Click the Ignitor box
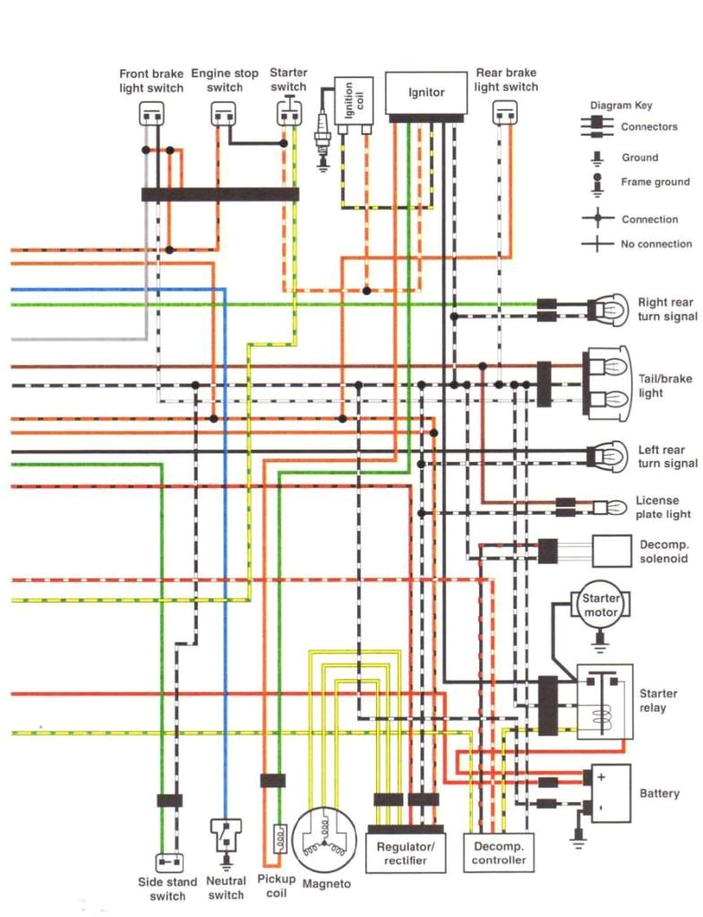[425, 93]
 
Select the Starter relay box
[604, 700]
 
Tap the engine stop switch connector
[224, 114]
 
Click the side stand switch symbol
[167, 862]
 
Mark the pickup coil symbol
[278, 839]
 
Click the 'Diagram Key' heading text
[621, 105]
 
